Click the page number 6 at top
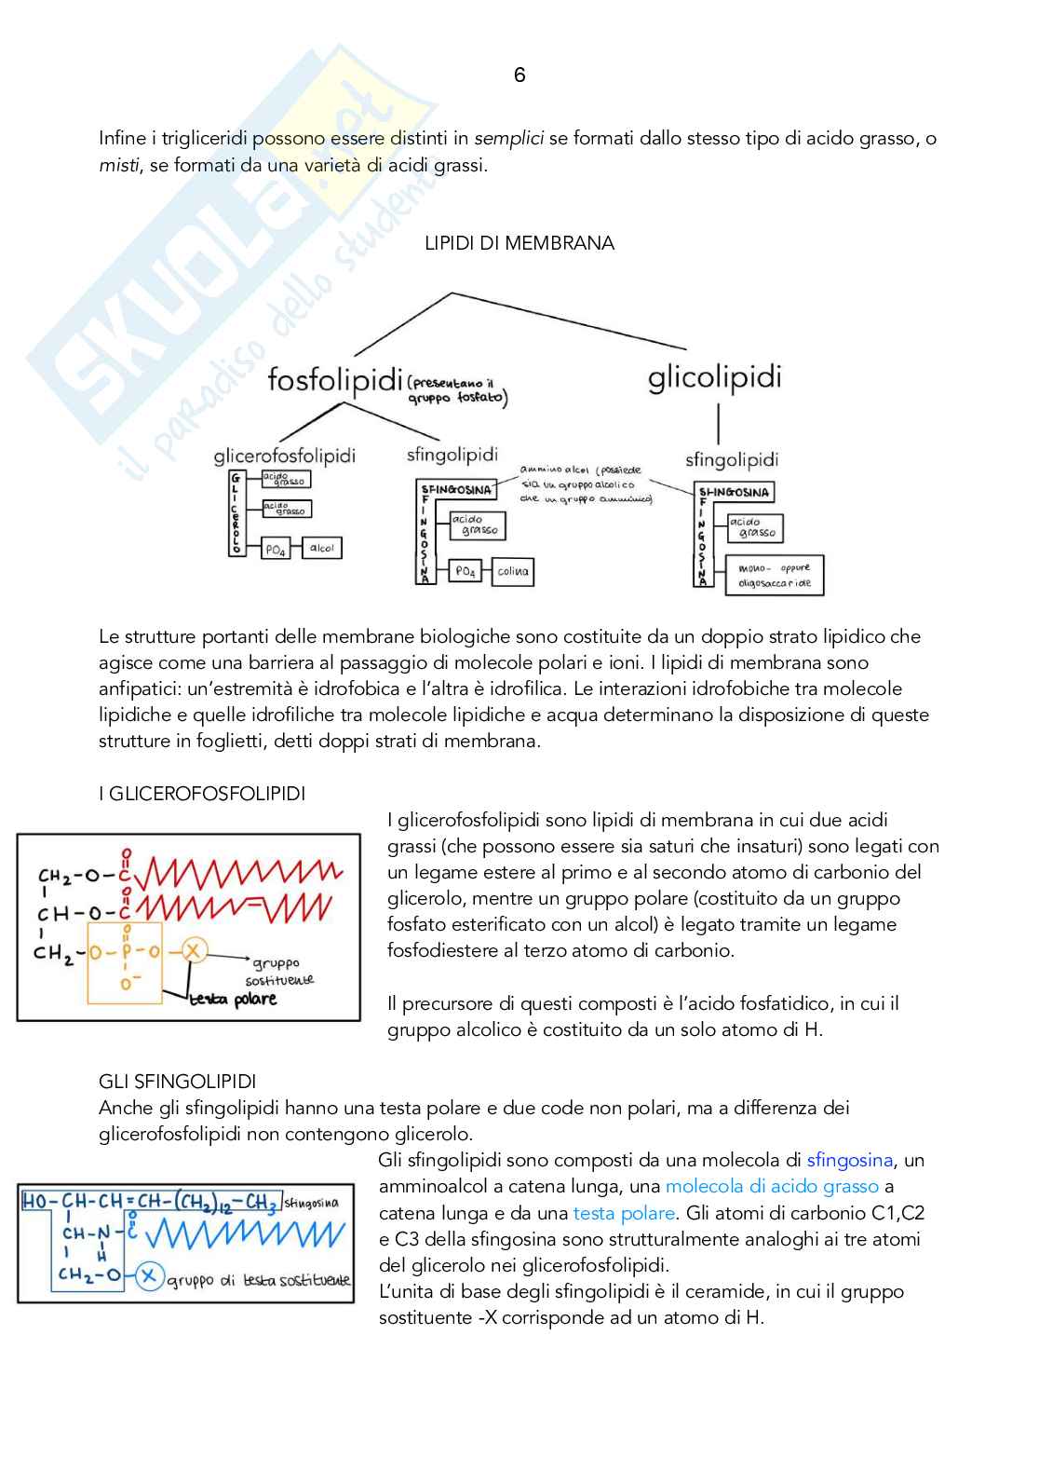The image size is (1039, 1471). [x=519, y=75]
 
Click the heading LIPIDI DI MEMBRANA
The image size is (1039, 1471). [x=519, y=243]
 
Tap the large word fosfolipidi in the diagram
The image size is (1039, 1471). [x=335, y=379]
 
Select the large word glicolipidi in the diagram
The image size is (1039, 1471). [x=714, y=377]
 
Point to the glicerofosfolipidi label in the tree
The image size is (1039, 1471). [x=284, y=456]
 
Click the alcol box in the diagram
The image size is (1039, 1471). [x=322, y=549]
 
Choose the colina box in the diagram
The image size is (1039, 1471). [x=513, y=572]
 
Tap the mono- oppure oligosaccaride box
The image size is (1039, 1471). [x=775, y=575]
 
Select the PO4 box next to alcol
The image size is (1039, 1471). [x=276, y=550]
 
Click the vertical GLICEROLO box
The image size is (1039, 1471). [x=236, y=513]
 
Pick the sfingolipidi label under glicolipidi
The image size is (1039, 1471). [x=731, y=459]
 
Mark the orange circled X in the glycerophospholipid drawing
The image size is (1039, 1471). [x=193, y=951]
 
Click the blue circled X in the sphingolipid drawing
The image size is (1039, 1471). [x=149, y=1276]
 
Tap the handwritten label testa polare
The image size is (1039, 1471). [x=233, y=1000]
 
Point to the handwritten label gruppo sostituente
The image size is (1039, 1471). [x=278, y=972]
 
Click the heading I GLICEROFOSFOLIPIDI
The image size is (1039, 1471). [x=202, y=794]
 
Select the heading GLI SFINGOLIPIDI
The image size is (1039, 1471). [x=177, y=1082]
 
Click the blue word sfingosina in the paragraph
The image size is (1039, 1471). [x=849, y=1160]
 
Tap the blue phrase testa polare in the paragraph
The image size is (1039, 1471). [x=624, y=1213]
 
